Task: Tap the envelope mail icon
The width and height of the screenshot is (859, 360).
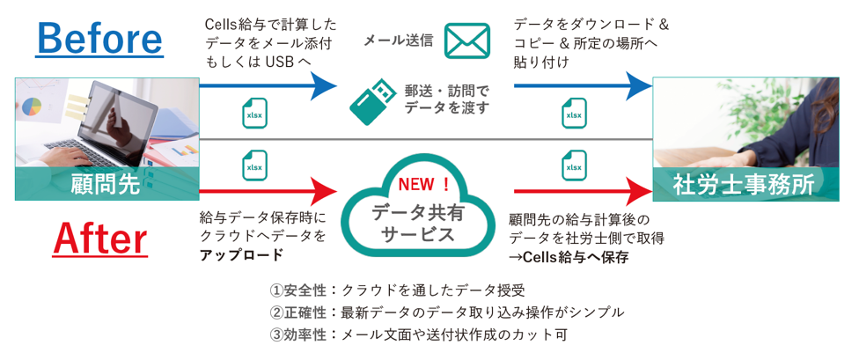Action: tap(466, 40)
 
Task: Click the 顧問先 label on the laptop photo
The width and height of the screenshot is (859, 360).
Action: tap(106, 183)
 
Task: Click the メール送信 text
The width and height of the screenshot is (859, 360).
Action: tap(398, 40)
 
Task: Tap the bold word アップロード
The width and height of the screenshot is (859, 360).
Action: tap(241, 255)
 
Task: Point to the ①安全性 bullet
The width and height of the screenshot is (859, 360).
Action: tap(298, 290)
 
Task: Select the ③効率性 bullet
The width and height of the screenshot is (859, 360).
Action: tap(298, 334)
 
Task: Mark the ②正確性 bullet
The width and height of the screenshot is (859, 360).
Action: tap(298, 312)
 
